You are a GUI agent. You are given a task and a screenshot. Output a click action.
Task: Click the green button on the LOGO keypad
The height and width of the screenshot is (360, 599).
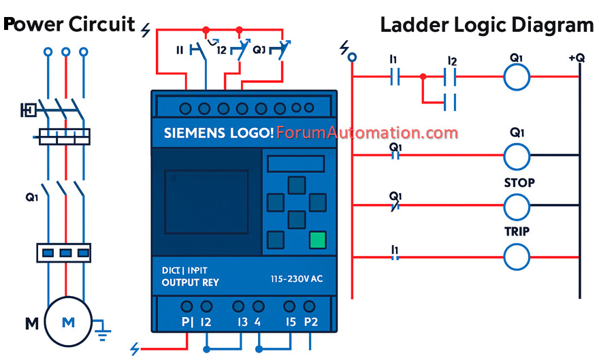tap(317, 240)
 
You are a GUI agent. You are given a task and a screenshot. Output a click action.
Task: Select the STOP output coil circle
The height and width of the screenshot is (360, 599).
tap(517, 206)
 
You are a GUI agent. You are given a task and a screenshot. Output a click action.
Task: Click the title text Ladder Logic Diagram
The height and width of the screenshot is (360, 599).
tap(487, 25)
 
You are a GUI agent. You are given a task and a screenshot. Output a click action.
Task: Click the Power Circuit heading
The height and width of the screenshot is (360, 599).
tap(69, 24)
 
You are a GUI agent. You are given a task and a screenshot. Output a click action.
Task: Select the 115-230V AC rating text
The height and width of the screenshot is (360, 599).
tap(297, 279)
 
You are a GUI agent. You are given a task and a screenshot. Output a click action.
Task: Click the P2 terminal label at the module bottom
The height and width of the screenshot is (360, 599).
tap(311, 322)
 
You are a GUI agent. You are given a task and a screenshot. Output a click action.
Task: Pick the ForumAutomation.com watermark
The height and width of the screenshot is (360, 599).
tap(368, 132)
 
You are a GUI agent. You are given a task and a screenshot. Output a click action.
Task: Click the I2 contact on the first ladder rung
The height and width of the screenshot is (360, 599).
tap(451, 78)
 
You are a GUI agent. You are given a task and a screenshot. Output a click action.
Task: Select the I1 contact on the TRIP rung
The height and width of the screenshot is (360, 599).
tap(394, 257)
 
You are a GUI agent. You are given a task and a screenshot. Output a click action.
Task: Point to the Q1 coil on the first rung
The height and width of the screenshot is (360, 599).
tap(517, 78)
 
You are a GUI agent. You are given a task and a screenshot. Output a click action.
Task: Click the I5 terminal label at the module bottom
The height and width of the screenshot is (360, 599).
tap(291, 322)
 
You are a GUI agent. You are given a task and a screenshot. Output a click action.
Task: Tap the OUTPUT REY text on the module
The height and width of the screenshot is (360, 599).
tap(191, 282)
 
